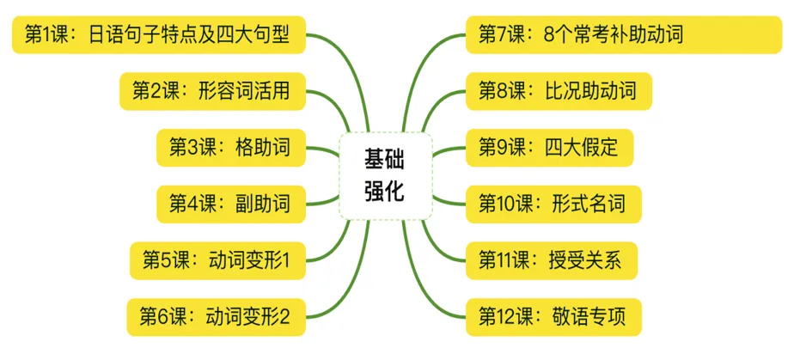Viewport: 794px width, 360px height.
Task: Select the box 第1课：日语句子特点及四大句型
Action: click(158, 34)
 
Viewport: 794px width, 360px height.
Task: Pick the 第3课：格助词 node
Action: click(230, 148)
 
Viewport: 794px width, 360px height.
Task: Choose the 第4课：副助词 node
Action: click(230, 204)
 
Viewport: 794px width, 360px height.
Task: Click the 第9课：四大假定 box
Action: click(548, 148)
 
